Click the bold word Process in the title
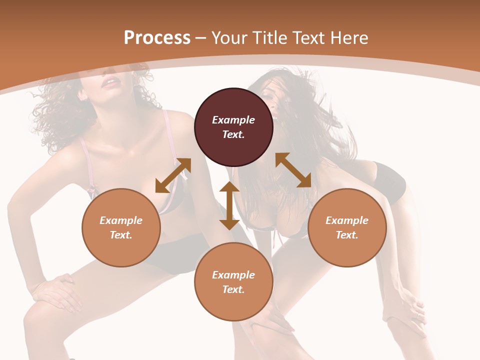pyautogui.click(x=157, y=37)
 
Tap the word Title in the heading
pyautogui.click(x=269, y=37)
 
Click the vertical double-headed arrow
pyautogui.click(x=229, y=205)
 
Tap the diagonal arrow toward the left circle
pyautogui.click(x=173, y=175)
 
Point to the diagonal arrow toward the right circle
pyautogui.click(x=293, y=170)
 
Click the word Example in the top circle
pyautogui.click(x=233, y=120)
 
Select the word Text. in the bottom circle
pyautogui.click(x=233, y=289)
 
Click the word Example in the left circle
pyautogui.click(x=121, y=220)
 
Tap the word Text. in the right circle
pyautogui.click(x=347, y=235)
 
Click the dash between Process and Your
pyautogui.click(x=201, y=38)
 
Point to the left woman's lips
pyautogui.click(x=109, y=82)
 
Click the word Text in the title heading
pyautogui.click(x=308, y=37)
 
